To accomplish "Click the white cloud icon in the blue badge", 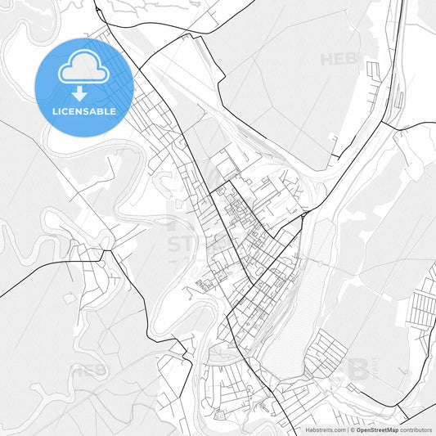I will (x=84, y=70).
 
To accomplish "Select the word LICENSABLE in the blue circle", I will (x=84, y=111).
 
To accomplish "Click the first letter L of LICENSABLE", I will (x=55, y=111).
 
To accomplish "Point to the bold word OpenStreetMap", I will (x=377, y=429).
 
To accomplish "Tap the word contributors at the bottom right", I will (x=416, y=429).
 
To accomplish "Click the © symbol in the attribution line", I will (x=352, y=429).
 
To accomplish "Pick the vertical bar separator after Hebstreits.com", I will (x=346, y=429).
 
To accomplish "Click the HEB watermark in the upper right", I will (x=338, y=59).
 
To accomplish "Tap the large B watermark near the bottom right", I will (x=357, y=368).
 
